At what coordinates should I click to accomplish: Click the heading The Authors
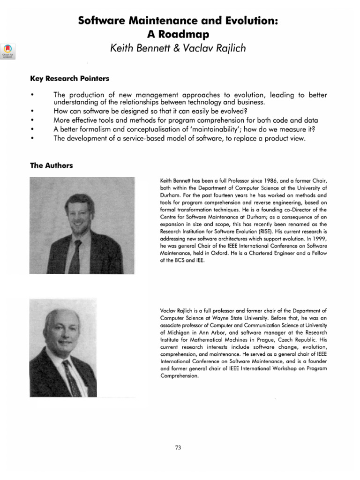(x=51, y=165)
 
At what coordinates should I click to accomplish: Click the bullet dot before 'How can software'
(x=32, y=112)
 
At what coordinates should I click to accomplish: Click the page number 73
(x=178, y=448)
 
